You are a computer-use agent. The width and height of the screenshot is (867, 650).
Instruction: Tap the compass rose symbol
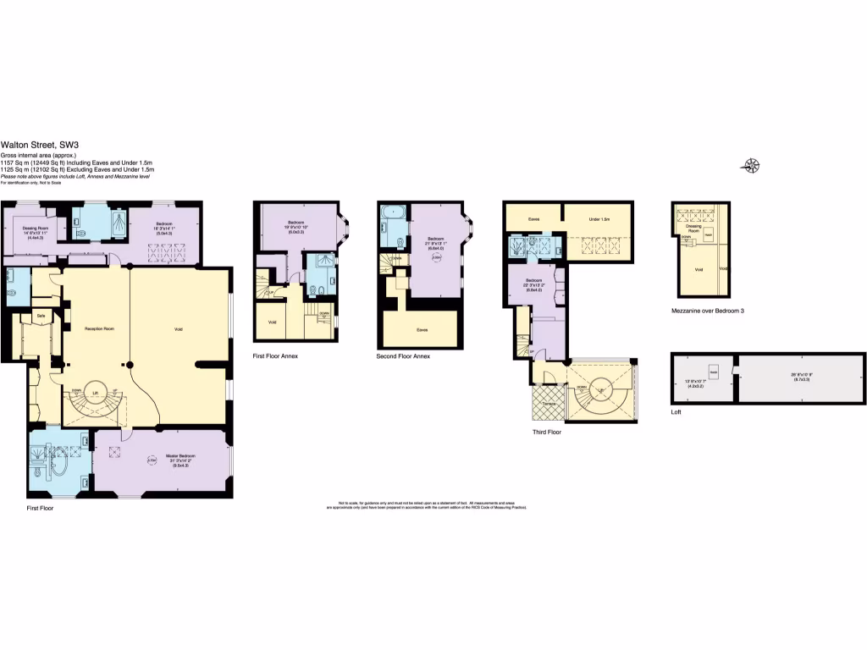(750, 165)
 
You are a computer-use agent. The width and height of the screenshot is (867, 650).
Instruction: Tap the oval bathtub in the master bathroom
(58, 463)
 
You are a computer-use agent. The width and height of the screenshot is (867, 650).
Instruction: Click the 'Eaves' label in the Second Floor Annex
(421, 328)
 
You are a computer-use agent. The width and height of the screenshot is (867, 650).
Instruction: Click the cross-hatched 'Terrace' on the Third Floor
(545, 405)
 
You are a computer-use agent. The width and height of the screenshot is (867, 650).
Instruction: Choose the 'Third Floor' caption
(547, 432)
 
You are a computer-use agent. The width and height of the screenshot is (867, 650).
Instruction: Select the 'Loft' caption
(676, 412)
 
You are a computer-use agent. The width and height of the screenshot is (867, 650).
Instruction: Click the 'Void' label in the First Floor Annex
(272, 322)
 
